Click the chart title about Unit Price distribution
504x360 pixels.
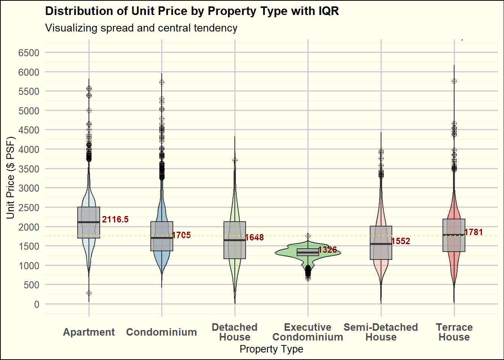pos(192,11)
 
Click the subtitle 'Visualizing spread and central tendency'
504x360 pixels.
pos(141,28)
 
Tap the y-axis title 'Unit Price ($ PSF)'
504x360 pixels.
pos(10,178)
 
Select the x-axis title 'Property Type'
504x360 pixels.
pos(271,349)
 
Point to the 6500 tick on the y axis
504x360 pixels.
pos(29,53)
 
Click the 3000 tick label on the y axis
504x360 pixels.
pos(29,188)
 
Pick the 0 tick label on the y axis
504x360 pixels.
pos(36,304)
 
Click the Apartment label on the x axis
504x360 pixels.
pos(89,332)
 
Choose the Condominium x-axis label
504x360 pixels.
pos(162,332)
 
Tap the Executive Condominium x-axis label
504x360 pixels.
pos(308,332)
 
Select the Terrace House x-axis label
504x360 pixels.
pos(454,332)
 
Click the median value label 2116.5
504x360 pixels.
pos(115,220)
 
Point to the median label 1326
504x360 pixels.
pos(327,250)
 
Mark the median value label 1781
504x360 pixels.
pos(474,232)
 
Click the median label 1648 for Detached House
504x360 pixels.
pos(254,237)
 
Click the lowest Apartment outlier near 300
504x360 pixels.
pos(89,293)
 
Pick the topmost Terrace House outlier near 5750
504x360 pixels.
pos(454,81)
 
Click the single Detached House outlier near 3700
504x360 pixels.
pos(235,160)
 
